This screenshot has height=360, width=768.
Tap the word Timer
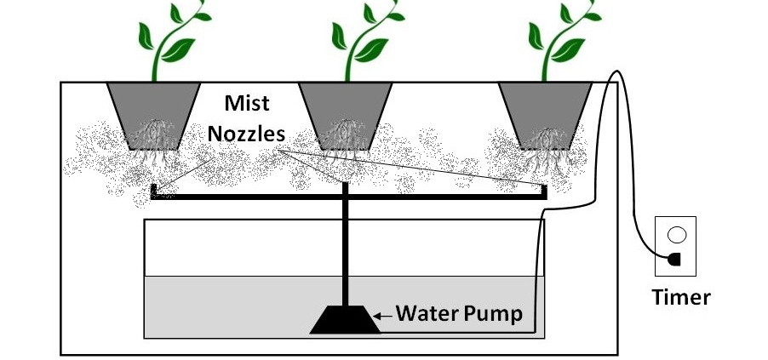[x=680, y=297]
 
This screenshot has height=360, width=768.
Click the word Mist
[x=246, y=104]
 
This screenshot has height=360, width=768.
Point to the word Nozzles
[x=256, y=133]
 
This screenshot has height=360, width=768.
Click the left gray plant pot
[x=153, y=111]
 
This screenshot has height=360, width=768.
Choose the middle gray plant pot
[x=344, y=111]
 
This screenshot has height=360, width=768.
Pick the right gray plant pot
[x=544, y=111]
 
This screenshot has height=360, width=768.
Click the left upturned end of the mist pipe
[x=152, y=190]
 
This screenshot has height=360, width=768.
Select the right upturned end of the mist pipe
[x=543, y=190]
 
